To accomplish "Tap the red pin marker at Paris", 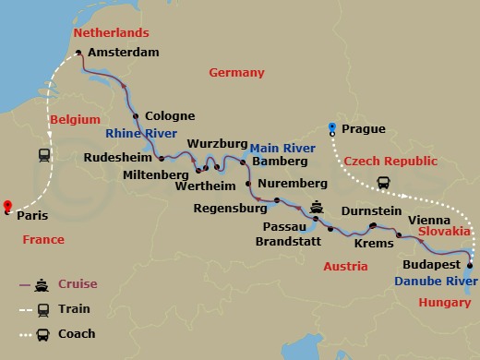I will coord(7,206).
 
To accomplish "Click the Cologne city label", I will coord(170,116).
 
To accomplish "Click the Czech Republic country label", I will coord(390,161).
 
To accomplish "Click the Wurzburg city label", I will coord(218,144).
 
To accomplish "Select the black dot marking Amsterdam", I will coord(78,53).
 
